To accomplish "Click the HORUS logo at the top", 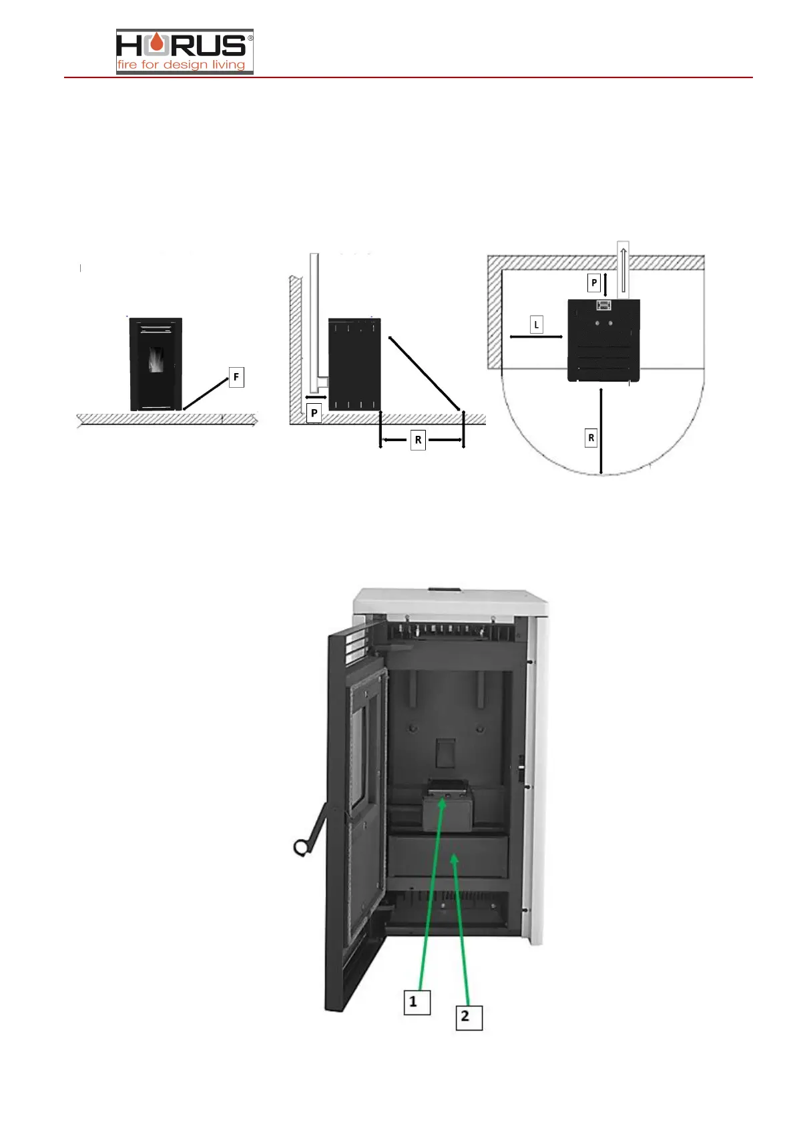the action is coord(184,45).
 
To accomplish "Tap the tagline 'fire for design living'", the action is coord(182,65).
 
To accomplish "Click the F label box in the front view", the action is coord(236,377).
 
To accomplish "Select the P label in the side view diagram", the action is coord(314,413).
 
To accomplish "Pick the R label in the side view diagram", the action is coord(418,440).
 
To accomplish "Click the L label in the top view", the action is coord(536,325).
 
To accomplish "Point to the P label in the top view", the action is coord(594,282).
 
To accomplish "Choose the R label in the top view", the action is coord(591,439).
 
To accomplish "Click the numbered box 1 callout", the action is coord(417,1001).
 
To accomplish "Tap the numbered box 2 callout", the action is coord(469,1017).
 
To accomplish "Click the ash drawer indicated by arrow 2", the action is coord(449,856).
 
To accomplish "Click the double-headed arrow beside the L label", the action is coord(536,337).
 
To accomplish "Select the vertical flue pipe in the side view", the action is coord(314,320).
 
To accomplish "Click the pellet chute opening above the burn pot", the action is coord(445,753).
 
